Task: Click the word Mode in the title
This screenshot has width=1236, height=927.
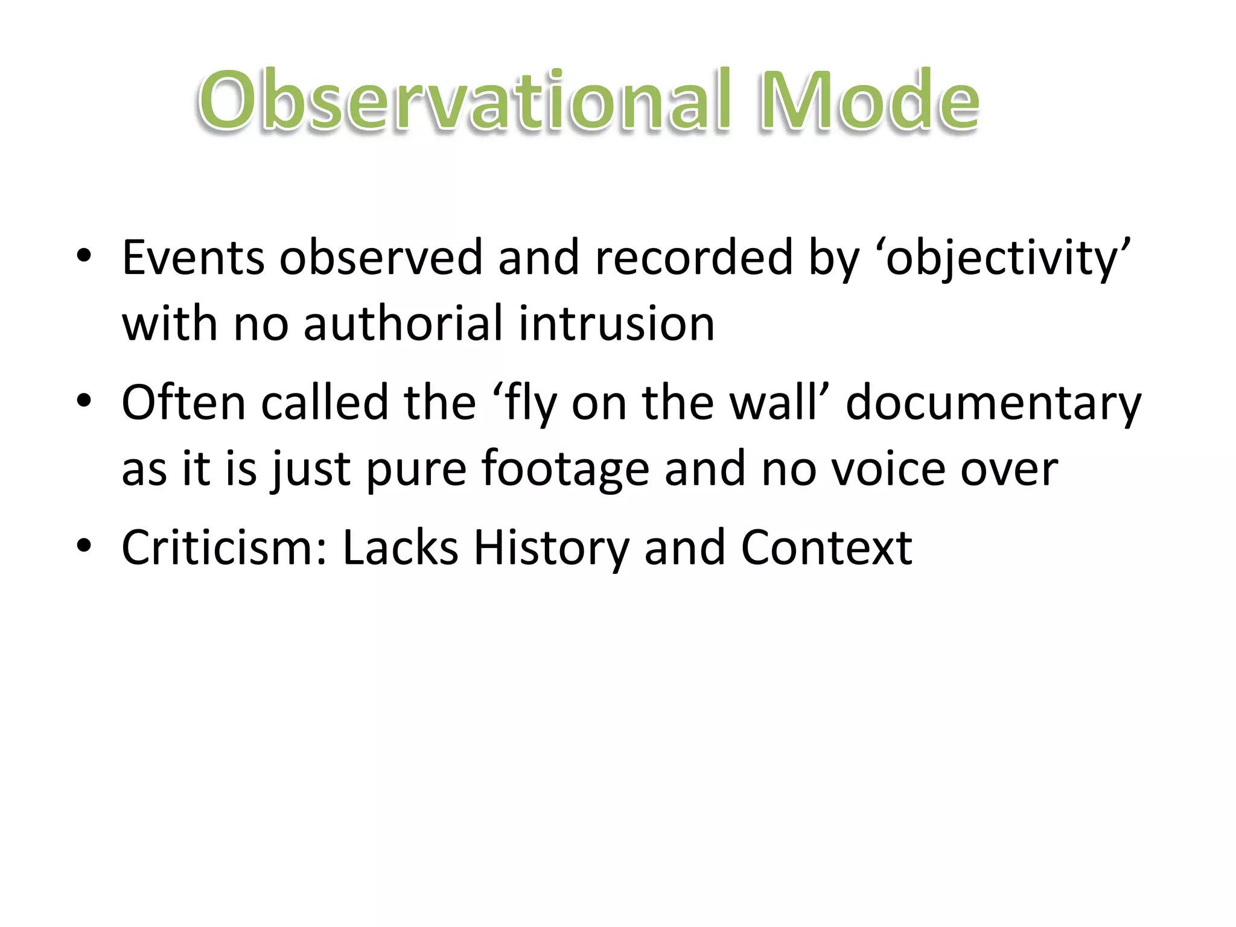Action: tap(869, 101)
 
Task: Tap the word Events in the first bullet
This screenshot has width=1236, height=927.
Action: tap(193, 258)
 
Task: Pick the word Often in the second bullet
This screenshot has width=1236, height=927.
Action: tap(183, 403)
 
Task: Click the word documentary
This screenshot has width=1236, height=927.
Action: tap(993, 403)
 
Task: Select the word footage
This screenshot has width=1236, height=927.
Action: tap(565, 469)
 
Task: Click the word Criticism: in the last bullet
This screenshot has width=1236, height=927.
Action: tap(224, 547)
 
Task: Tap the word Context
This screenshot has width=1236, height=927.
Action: tap(826, 547)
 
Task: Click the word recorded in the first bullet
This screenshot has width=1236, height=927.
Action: tap(693, 258)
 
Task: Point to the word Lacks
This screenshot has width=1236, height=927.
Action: tap(400, 547)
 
